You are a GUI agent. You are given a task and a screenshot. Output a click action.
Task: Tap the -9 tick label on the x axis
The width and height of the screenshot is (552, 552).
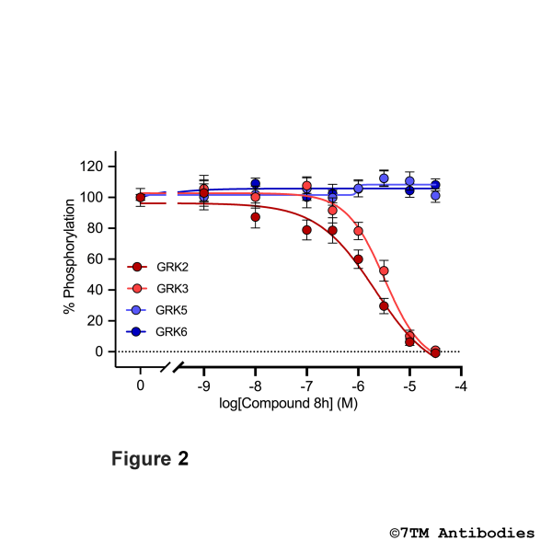203,385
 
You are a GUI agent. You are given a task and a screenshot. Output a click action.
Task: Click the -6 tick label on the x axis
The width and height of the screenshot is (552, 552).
358,385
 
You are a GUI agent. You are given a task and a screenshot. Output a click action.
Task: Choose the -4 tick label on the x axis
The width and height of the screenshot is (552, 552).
460,385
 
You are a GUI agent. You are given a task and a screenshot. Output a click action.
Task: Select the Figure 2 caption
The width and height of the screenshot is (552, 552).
151,459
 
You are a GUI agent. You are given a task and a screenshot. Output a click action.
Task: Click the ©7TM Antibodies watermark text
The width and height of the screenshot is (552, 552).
461,533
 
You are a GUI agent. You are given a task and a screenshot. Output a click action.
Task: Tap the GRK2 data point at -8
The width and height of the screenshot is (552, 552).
255,217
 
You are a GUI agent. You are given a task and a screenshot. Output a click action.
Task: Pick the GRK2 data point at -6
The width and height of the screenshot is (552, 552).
358,259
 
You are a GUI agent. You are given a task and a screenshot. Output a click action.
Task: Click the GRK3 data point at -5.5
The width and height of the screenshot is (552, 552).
384,271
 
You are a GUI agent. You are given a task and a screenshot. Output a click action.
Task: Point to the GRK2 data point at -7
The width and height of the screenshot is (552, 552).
306,230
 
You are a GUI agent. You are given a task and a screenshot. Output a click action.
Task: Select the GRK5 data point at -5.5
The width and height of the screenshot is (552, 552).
384,178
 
